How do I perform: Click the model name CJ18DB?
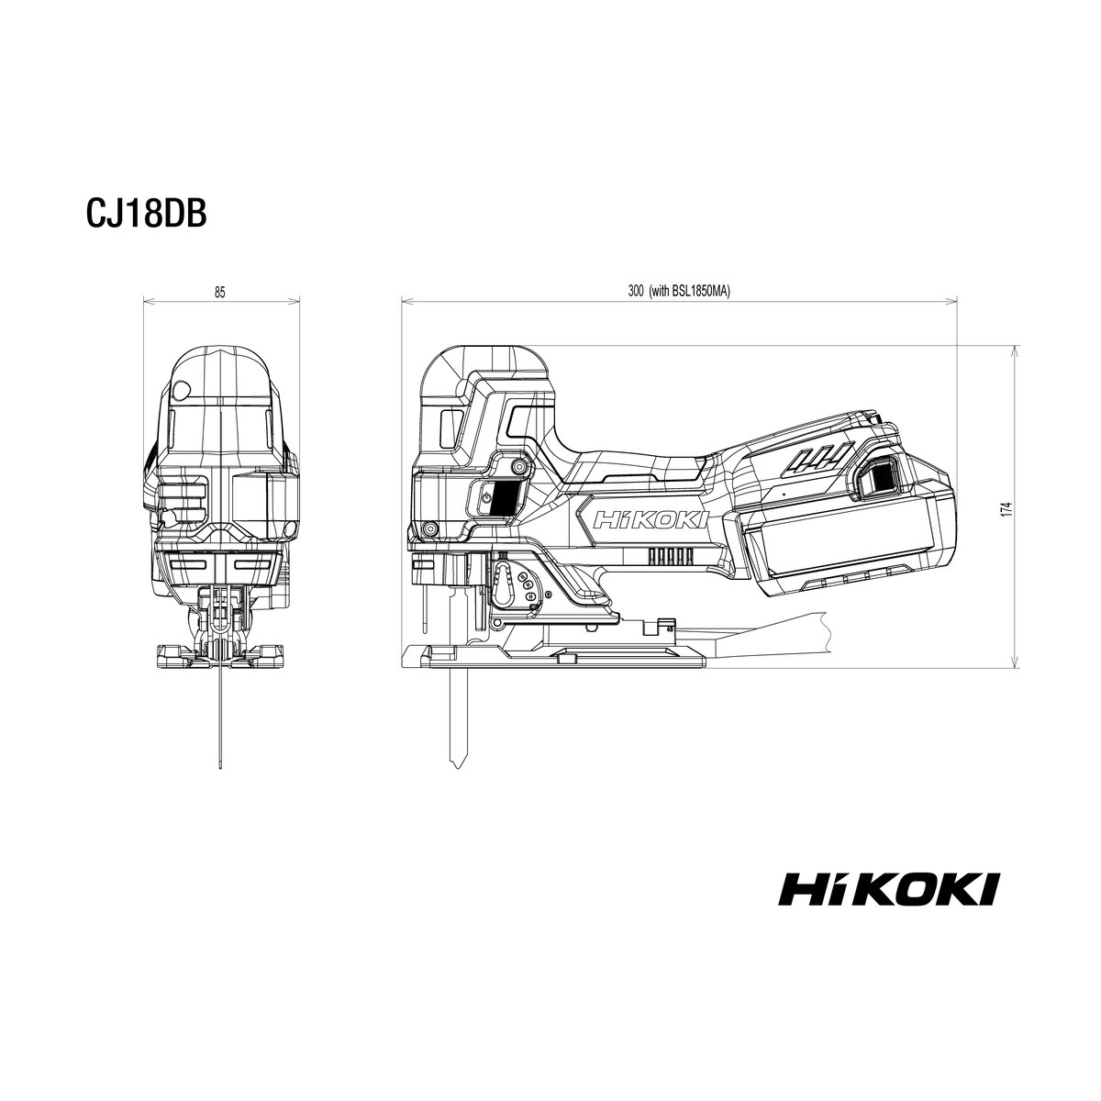(x=146, y=214)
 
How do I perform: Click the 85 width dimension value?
(x=220, y=292)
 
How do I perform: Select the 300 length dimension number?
(x=636, y=292)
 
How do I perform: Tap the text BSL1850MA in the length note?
(x=706, y=292)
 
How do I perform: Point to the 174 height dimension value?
(x=1008, y=509)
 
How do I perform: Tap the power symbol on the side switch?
(x=485, y=496)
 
